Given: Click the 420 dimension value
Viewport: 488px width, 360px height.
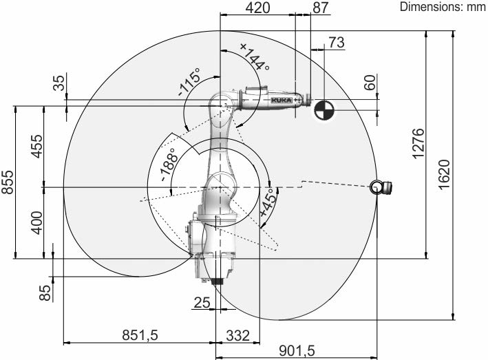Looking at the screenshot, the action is [257, 8].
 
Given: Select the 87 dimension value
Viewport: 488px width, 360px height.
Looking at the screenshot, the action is [321, 8].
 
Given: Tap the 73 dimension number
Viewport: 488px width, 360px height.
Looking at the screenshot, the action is [337, 42].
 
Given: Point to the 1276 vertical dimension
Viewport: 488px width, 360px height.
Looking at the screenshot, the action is [418, 143].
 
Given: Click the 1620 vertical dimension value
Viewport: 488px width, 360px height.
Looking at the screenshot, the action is [444, 174].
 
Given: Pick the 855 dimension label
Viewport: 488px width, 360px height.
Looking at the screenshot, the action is [8, 182].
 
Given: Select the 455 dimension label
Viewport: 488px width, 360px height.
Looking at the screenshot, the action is [36, 146].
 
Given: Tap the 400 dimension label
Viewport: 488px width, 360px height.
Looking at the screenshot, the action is [36, 223].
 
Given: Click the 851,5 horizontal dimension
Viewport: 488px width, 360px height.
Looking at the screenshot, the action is [140, 335].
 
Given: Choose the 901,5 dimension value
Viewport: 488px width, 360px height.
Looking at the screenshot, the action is [297, 351].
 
